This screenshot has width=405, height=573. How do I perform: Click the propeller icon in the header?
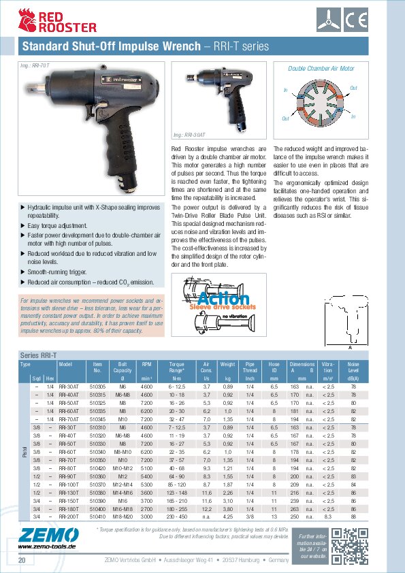(x=353, y=19)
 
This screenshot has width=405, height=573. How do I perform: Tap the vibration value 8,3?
(x=328, y=517)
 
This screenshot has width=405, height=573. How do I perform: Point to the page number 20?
(x=22, y=560)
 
